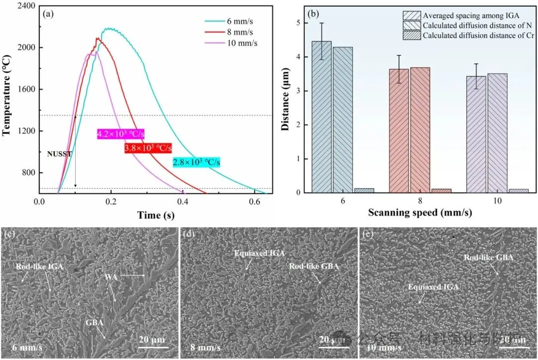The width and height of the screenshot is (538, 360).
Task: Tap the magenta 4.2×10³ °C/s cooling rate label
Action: (x=121, y=134)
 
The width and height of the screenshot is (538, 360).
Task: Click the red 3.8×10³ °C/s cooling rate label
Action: (x=148, y=148)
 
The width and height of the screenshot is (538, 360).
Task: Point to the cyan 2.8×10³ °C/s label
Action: (x=196, y=162)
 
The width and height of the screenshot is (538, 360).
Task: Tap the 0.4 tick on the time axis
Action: (x=183, y=202)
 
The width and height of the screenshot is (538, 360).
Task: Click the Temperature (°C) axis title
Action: (x=6, y=99)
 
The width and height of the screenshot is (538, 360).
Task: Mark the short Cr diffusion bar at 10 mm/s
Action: (x=518, y=191)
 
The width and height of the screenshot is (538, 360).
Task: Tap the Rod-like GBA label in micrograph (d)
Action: (x=313, y=266)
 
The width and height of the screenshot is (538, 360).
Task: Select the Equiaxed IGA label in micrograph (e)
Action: (x=433, y=287)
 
